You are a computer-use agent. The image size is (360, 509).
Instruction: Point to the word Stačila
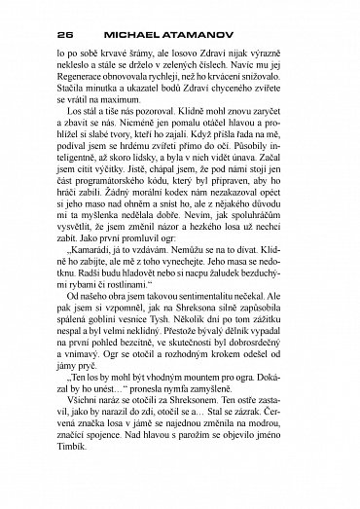click(x=76, y=104)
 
